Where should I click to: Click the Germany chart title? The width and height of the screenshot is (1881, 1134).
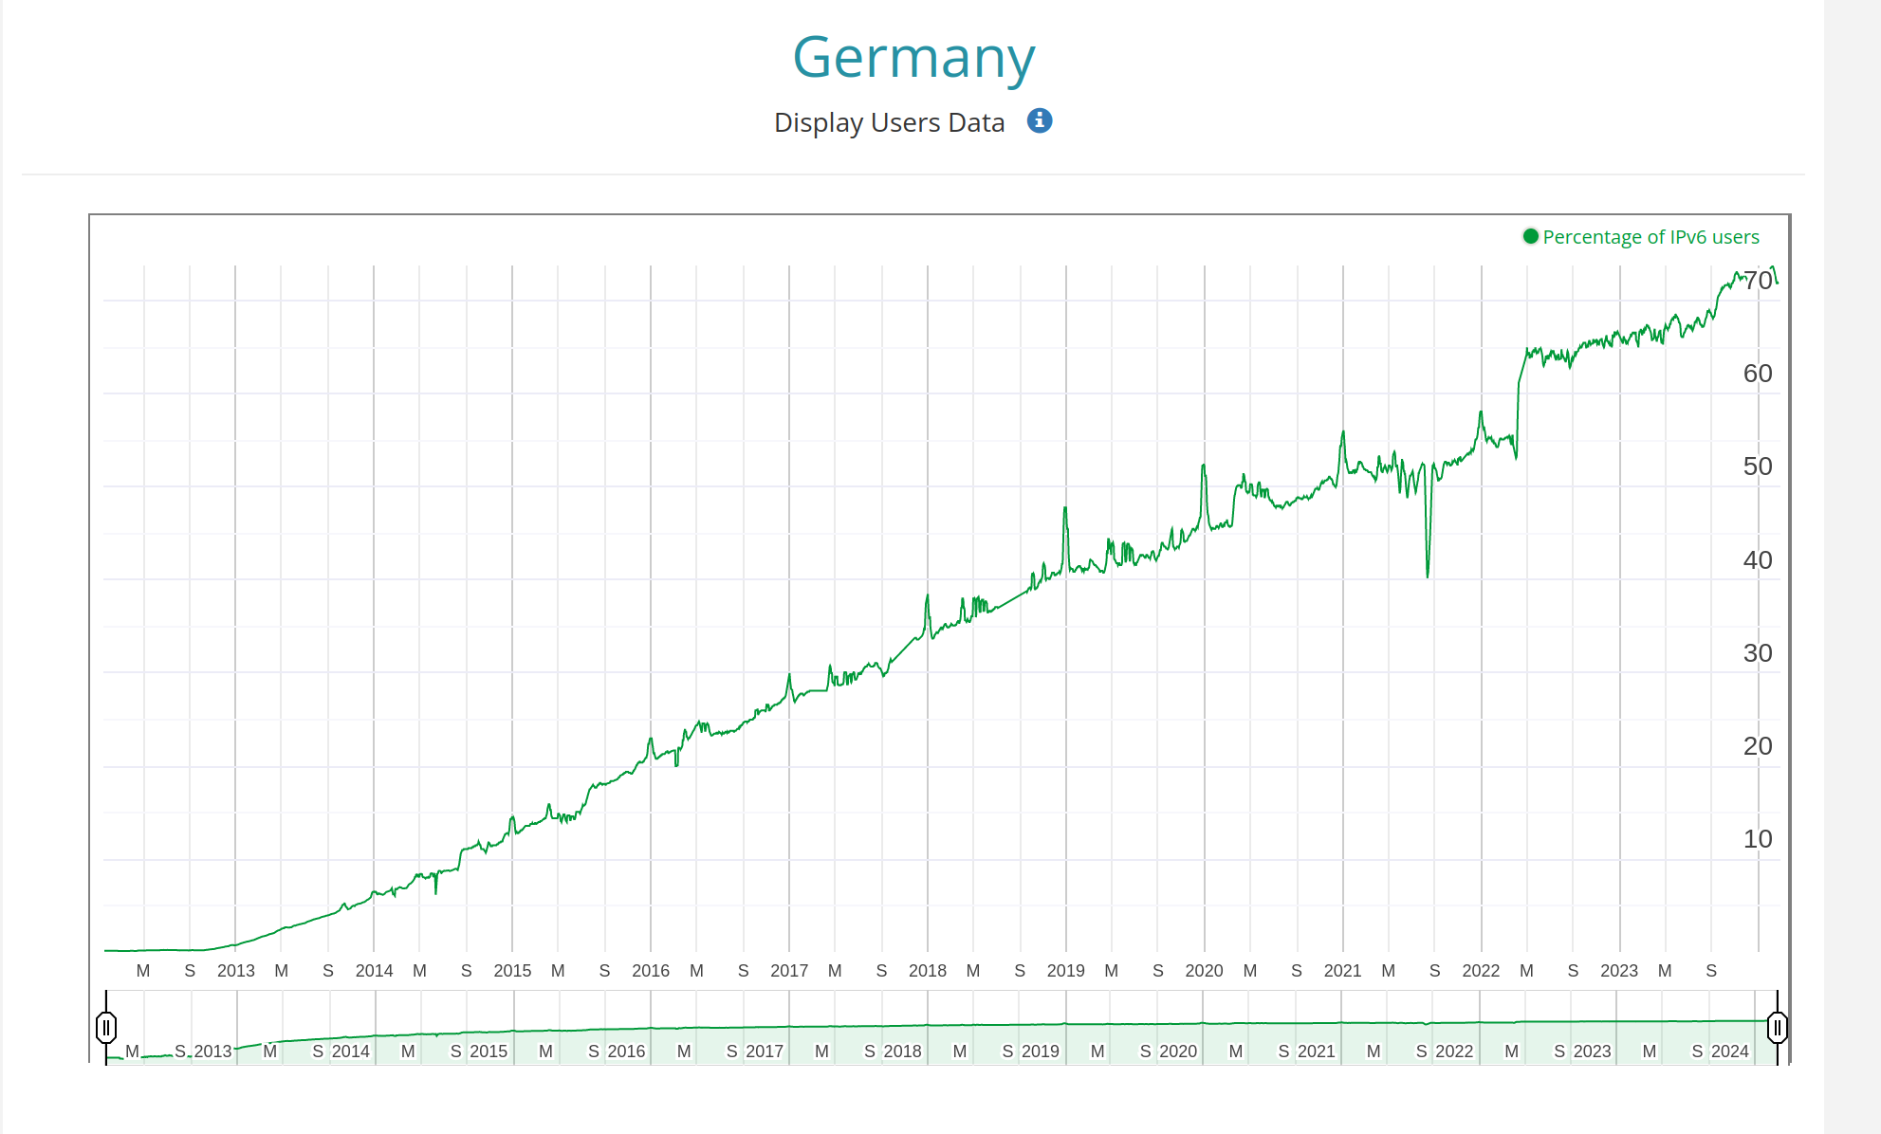913,59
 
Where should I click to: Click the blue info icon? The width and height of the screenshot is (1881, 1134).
1040,121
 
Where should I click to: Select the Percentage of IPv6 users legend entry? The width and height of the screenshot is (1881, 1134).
1650,237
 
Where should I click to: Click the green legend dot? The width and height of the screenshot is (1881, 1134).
1530,237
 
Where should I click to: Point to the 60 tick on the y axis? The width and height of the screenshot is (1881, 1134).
1757,374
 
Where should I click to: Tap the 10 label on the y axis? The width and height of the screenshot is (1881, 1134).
1757,839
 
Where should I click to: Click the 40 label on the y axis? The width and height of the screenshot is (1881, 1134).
1757,560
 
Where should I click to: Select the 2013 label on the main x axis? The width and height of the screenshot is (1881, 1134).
235,971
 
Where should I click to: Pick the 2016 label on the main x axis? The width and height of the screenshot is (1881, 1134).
651,971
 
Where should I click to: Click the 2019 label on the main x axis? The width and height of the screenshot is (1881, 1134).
1065,971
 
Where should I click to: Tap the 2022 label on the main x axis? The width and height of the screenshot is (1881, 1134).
1481,971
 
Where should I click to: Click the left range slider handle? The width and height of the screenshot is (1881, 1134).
106,1027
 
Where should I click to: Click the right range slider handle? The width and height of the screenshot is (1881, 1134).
1777,1027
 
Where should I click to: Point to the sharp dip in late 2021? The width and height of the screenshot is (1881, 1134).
1428,574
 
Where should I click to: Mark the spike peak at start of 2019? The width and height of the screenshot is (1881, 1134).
1065,509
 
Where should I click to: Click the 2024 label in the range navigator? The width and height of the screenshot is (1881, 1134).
1729,1052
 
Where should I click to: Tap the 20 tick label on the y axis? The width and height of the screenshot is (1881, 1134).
1757,746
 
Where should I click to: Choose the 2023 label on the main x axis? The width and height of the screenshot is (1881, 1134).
1619,971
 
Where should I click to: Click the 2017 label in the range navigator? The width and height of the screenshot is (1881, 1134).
765,1052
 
